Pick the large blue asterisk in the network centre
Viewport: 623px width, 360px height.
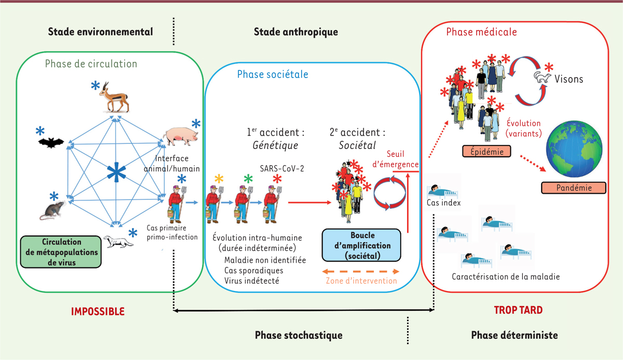pyautogui.click(x=114, y=173)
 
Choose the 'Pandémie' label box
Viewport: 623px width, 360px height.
pyautogui.click(x=566, y=188)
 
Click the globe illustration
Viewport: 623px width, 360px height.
pyautogui.click(x=573, y=148)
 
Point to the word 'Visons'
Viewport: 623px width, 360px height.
pyautogui.click(x=570, y=79)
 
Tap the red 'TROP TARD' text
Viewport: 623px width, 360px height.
pyautogui.click(x=518, y=310)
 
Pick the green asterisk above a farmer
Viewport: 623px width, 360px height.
pyautogui.click(x=248, y=178)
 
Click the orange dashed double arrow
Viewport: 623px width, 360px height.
pyautogui.click(x=361, y=271)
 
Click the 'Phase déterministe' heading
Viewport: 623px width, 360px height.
pyautogui.click(x=514, y=335)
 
